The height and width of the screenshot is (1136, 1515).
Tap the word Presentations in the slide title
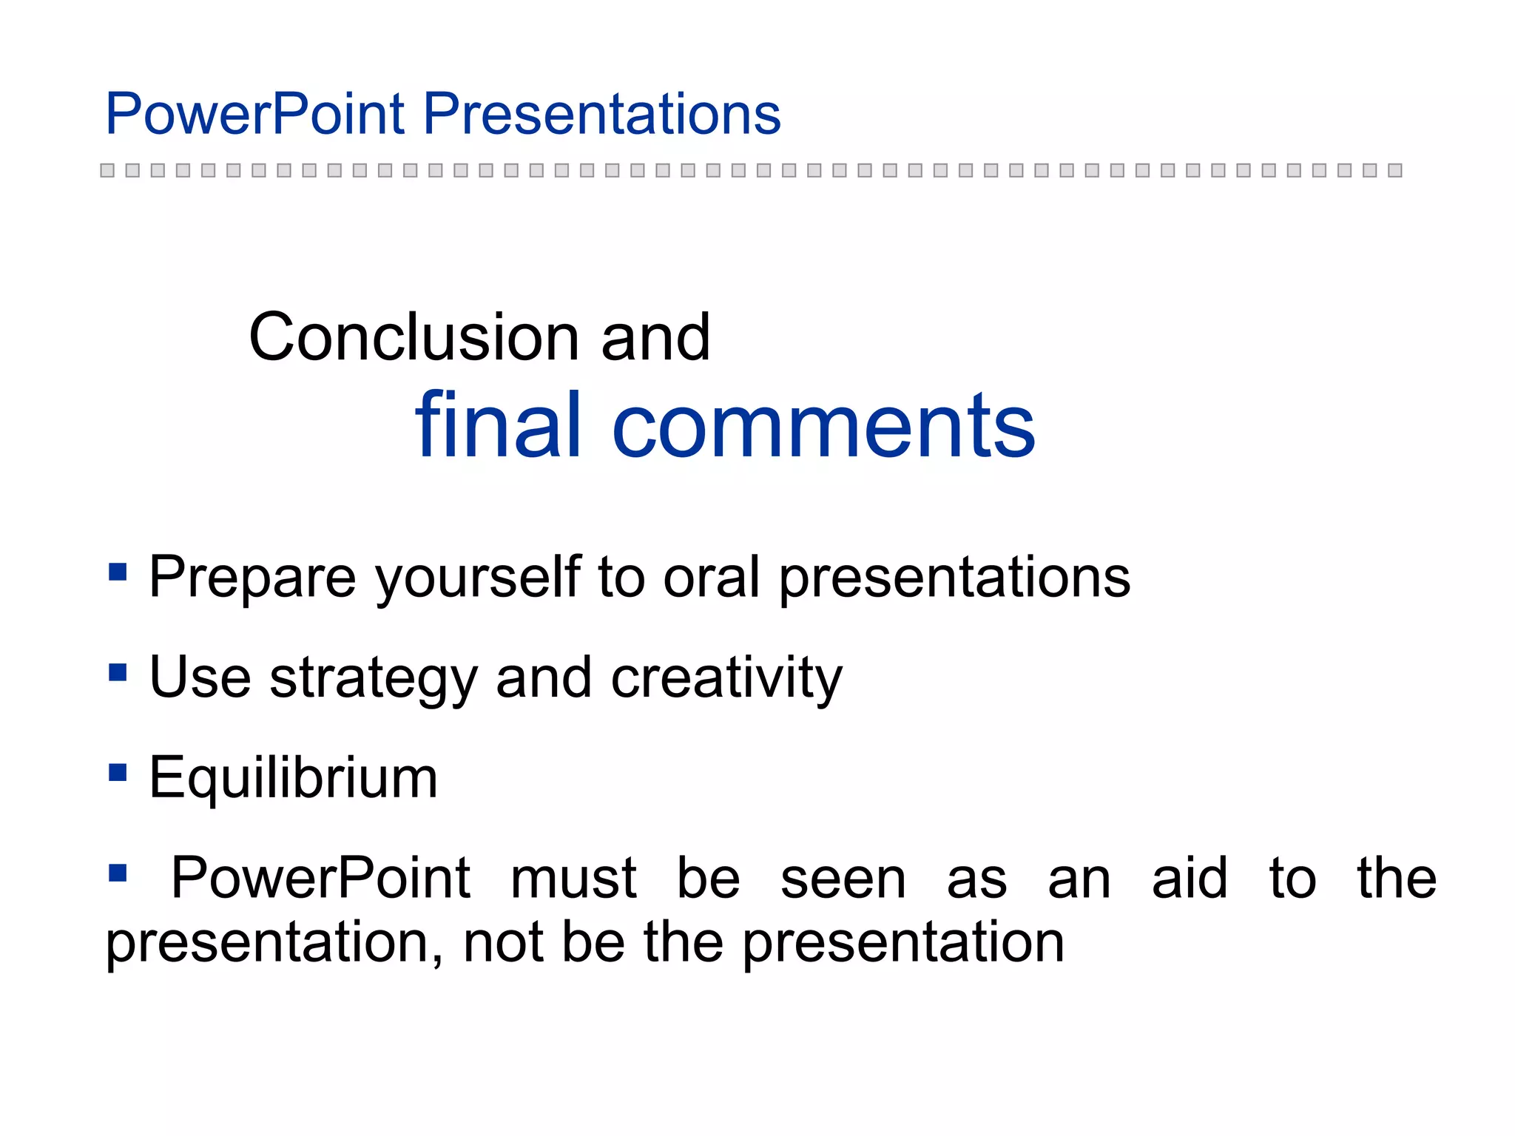pos(601,114)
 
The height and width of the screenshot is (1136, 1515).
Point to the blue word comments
pos(823,427)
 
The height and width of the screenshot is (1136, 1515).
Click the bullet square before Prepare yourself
pos(118,572)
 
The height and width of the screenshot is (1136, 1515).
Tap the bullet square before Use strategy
pos(118,672)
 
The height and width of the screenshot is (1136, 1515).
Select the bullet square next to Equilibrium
pos(118,773)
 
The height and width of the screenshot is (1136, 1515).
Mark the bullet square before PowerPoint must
pos(118,873)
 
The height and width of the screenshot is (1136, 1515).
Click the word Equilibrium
pos(294,778)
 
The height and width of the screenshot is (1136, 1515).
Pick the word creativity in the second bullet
pos(726,678)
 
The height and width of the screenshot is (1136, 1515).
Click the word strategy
pos(374,678)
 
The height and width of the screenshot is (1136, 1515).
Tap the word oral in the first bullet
pos(711,577)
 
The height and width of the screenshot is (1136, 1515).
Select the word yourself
pos(478,577)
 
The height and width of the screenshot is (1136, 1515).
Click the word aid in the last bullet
pos(1190,878)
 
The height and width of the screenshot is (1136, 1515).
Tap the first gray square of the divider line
pos(107,170)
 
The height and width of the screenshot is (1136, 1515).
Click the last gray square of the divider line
pos(1395,170)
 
